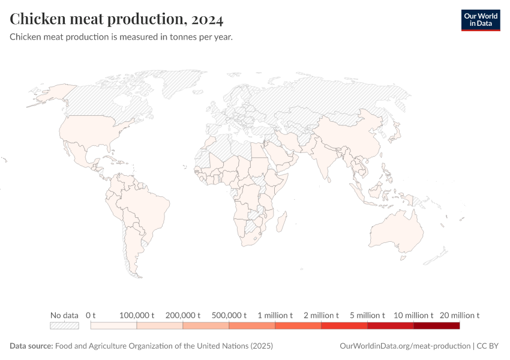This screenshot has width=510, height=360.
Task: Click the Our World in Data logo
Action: click(480, 20)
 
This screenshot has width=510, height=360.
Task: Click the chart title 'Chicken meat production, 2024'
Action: click(117, 19)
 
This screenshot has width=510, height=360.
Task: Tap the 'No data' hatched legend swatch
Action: click(64, 326)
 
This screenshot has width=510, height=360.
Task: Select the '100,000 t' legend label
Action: click(137, 315)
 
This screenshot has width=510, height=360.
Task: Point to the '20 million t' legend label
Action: click(460, 315)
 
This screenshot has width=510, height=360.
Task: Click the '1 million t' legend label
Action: click(275, 315)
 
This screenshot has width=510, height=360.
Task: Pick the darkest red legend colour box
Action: click(436, 326)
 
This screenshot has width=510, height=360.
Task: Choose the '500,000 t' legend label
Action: click(229, 315)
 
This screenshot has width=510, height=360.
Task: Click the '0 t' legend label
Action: click(91, 315)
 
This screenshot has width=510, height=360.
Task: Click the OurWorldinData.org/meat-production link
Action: click(405, 346)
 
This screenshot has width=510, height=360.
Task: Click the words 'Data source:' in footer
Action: click(31, 346)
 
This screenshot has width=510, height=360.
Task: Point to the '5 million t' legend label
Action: click(367, 315)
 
